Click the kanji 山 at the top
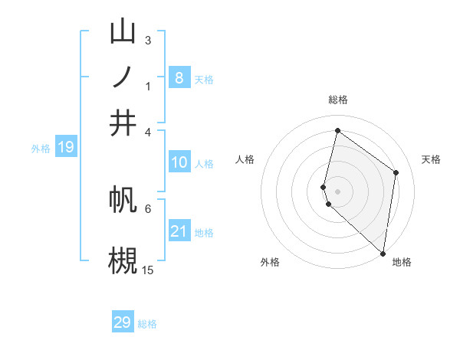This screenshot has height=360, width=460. click(x=123, y=32)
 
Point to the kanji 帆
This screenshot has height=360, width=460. click(x=123, y=201)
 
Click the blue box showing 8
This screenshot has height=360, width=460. click(x=179, y=77)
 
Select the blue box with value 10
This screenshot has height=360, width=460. click(x=179, y=162)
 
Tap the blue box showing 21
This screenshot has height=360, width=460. click(x=179, y=231)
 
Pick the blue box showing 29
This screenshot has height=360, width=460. click(x=123, y=322)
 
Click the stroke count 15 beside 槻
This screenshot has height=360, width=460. click(x=148, y=270)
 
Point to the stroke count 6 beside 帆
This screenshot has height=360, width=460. click(x=148, y=208)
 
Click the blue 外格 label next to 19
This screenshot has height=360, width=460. click(x=40, y=149)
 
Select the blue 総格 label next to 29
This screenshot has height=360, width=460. click(x=148, y=324)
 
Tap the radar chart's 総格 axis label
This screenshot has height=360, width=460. click(x=337, y=100)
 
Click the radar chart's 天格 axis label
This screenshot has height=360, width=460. click(x=432, y=159)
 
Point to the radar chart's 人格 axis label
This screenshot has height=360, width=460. click(x=245, y=159)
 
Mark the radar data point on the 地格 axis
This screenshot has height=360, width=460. click(x=383, y=254)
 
